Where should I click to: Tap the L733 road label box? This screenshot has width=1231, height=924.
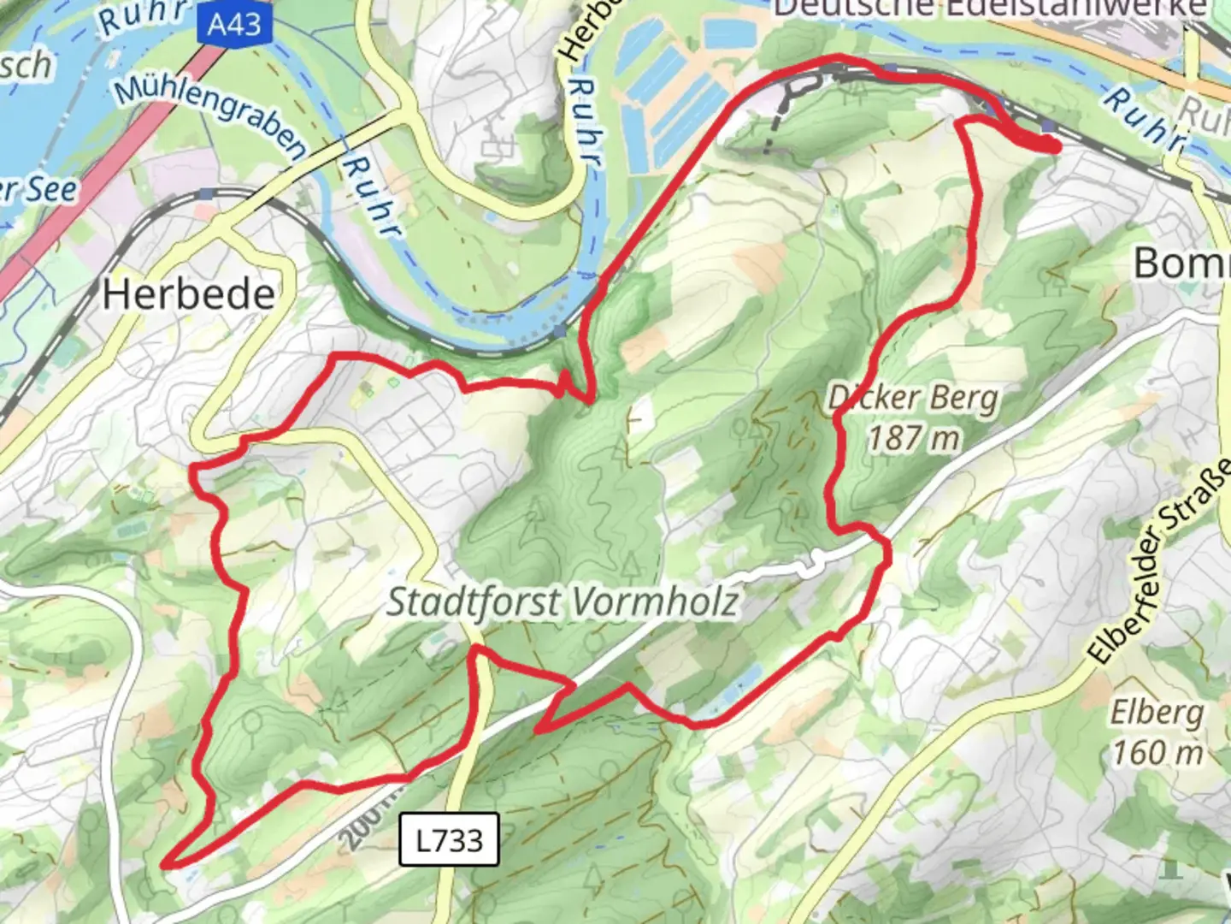click(449, 839)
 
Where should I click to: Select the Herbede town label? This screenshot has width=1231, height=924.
click(188, 295)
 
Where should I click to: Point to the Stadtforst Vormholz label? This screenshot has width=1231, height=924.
click(562, 602)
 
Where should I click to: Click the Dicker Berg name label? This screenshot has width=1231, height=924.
click(913, 399)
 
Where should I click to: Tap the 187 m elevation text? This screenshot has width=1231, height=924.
click(913, 438)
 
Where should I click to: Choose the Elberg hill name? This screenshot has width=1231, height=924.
click(1157, 712)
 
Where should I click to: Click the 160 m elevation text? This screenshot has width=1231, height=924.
click(1157, 752)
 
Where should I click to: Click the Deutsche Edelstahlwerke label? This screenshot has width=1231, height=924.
click(990, 8)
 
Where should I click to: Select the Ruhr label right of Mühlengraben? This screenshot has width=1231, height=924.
click(371, 197)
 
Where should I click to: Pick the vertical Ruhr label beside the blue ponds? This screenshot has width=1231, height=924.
click(586, 120)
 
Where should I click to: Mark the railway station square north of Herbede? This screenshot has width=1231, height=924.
click(204, 194)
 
